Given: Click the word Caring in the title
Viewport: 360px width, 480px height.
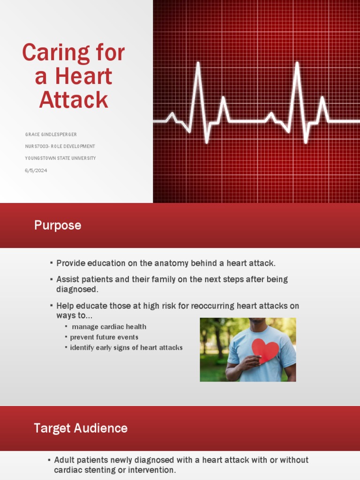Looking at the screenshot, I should [x=49, y=53].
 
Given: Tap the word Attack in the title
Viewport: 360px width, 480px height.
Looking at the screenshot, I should [x=74, y=99].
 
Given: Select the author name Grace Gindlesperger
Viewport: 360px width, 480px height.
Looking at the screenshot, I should [x=51, y=135].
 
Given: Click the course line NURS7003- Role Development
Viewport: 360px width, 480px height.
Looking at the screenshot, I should [x=60, y=146].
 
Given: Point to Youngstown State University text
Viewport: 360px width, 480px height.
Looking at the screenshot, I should [x=60, y=158].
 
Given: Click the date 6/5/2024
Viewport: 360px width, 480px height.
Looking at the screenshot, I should [x=36, y=171].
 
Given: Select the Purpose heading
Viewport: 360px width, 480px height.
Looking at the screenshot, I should [x=58, y=225].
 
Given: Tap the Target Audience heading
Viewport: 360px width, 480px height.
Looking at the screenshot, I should [x=81, y=428].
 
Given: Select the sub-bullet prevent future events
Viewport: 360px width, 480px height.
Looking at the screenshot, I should [x=104, y=337].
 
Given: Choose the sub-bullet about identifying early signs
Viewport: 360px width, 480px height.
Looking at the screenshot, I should [x=126, y=348].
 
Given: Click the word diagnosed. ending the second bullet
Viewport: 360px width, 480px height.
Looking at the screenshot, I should [x=77, y=290].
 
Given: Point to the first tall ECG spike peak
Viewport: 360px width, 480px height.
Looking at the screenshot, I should [x=198, y=63].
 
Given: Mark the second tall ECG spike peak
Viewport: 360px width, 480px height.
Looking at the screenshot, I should [x=297, y=63].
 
